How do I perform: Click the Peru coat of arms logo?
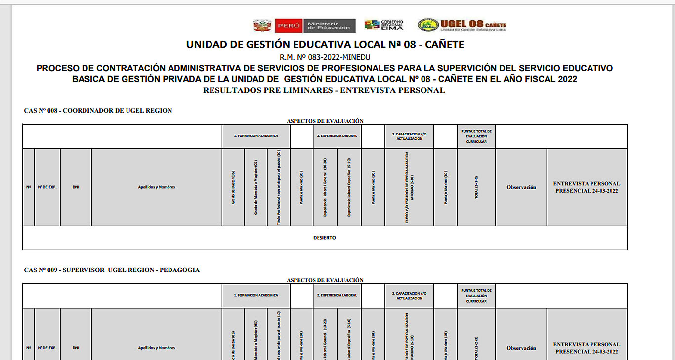262,26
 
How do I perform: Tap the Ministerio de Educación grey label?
330,26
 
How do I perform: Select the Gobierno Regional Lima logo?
384,25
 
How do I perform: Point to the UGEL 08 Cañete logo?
462,25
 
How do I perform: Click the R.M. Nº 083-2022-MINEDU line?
325,57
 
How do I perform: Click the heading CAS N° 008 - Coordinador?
98,111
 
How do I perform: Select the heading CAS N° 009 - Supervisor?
112,270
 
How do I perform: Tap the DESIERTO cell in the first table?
325,238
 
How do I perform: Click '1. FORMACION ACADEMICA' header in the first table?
256,136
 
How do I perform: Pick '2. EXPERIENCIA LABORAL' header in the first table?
337,136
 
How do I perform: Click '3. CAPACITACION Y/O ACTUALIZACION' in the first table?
409,136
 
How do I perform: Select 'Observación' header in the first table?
521,187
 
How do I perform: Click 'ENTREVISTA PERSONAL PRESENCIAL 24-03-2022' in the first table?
587,187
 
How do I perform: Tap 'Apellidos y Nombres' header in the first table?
157,187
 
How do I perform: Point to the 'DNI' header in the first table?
76,187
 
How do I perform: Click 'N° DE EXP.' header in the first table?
47,187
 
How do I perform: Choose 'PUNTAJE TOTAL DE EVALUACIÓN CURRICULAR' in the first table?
476,136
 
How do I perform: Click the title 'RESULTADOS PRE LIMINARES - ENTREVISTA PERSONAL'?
324,90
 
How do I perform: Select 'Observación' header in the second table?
521,348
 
